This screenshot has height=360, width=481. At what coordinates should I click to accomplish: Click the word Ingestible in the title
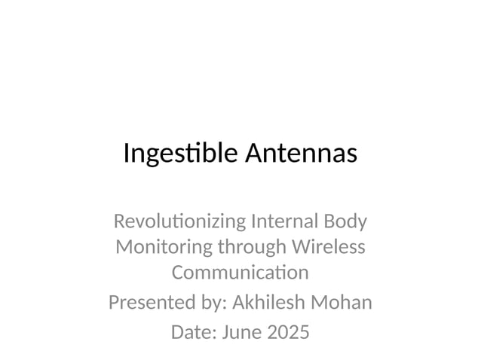tap(181, 154)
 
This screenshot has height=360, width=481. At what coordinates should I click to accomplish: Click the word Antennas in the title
tap(301, 154)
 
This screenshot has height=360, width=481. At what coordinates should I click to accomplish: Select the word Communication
tap(240, 271)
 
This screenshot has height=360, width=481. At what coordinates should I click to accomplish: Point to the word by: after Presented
tap(210, 304)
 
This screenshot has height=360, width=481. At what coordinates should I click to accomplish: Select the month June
tap(240, 331)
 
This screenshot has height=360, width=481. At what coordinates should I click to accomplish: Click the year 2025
tap(288, 331)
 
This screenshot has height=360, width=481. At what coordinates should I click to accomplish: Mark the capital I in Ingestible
tap(126, 154)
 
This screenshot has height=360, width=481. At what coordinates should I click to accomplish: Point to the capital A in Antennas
tap(254, 154)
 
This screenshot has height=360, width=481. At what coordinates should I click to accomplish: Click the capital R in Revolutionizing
tap(118, 222)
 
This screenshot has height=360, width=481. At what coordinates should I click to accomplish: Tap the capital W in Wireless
tap(305, 246)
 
